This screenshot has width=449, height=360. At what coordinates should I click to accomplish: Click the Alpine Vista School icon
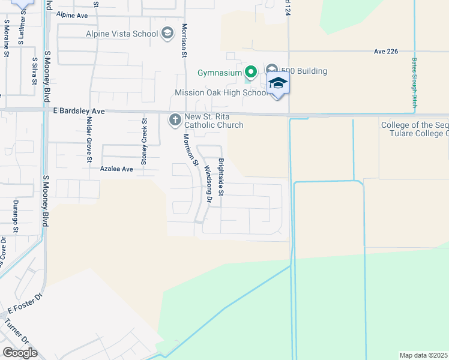tap(167, 34)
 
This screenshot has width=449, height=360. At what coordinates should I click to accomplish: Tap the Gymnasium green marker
tap(251, 72)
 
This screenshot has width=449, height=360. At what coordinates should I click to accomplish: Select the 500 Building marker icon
tap(272, 71)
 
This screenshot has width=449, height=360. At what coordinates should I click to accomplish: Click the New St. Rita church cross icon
tap(175, 120)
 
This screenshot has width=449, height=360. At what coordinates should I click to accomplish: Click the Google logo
tap(20, 353)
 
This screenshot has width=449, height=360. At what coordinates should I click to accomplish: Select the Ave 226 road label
tap(385, 52)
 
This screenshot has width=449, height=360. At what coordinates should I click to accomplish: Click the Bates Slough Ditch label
tap(415, 83)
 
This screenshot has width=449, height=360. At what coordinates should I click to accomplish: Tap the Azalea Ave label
tap(116, 169)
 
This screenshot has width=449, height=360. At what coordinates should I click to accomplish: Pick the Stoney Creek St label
tap(144, 142)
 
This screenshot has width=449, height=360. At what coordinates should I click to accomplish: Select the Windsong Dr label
tap(206, 184)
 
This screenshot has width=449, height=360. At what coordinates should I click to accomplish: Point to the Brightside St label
tap(221, 176)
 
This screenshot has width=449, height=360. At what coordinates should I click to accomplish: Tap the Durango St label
tap(16, 217)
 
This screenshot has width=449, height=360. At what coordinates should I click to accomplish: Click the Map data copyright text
tap(423, 355)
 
